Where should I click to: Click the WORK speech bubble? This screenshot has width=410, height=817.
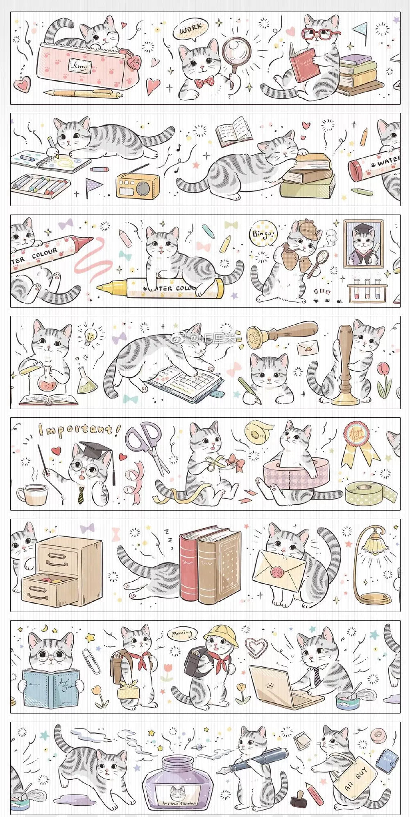[191, 30]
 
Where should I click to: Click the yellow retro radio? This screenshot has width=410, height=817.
[137, 185]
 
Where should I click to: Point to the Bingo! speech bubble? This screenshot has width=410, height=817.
[263, 234]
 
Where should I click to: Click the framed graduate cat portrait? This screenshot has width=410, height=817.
[363, 244]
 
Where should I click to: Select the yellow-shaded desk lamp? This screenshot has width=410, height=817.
[372, 565]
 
